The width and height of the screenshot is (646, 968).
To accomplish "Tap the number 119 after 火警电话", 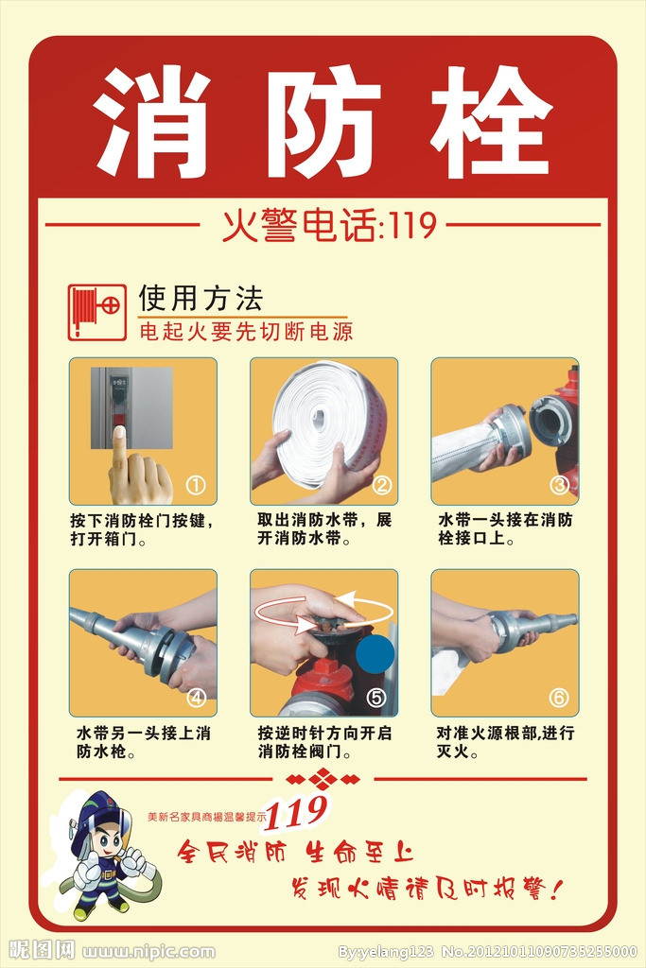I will click(410, 226).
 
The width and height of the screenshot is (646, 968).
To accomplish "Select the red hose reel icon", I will click(96, 312).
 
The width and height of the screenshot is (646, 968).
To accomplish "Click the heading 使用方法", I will click(201, 299).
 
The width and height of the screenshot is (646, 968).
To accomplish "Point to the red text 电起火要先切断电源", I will click(246, 333).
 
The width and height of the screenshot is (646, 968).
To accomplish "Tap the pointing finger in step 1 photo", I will click(120, 450).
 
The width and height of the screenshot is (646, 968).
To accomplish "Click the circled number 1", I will click(196, 485).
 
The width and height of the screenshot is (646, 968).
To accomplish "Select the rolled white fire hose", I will click(326, 414).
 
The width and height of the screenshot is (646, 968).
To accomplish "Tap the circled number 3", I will click(560, 485).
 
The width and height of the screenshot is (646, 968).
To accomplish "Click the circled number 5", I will click(376, 698).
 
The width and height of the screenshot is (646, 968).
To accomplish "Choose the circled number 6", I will click(559, 698).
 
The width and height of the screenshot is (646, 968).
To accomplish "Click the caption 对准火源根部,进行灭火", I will click(505, 743).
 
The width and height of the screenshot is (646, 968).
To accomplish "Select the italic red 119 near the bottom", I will click(297, 811).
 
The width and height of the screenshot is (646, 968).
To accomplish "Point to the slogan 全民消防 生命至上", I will click(296, 852).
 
